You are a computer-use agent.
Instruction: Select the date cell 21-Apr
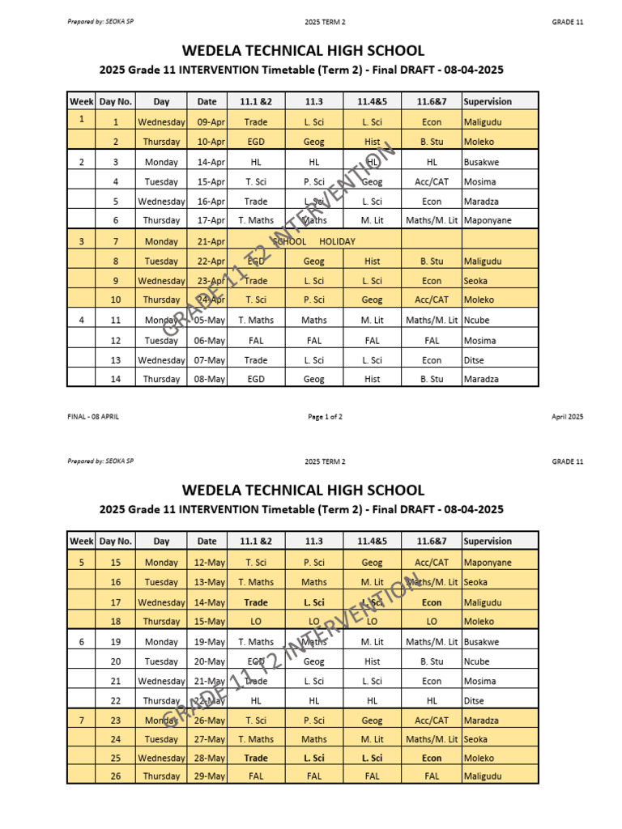tap(211, 241)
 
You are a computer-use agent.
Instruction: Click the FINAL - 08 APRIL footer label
tap(93, 417)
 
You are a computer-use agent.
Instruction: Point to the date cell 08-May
tap(211, 379)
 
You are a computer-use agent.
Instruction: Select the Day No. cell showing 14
tap(115, 379)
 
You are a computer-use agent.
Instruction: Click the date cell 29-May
tap(211, 776)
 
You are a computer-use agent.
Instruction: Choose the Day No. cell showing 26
tap(115, 776)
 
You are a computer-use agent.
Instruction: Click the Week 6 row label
tap(81, 642)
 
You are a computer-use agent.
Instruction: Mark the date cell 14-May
tap(211, 602)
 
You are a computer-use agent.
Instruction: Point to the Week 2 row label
tap(81, 162)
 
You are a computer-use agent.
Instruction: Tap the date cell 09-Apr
tap(211, 122)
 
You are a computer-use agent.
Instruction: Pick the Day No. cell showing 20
tap(115, 661)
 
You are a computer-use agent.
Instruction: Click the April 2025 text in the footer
tap(567, 417)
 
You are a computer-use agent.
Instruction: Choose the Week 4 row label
tap(81, 321)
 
